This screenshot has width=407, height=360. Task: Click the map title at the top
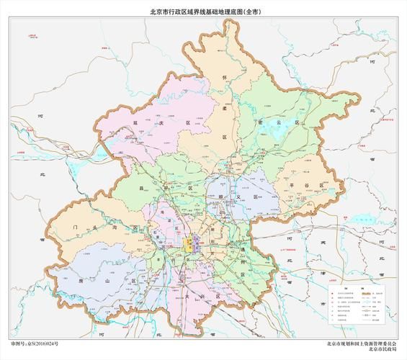coord(203,12)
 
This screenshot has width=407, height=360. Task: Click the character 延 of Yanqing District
coord(135,124)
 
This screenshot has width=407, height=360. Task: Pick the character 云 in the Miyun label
coord(276,122)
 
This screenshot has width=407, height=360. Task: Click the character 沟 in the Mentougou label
coord(112,228)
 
